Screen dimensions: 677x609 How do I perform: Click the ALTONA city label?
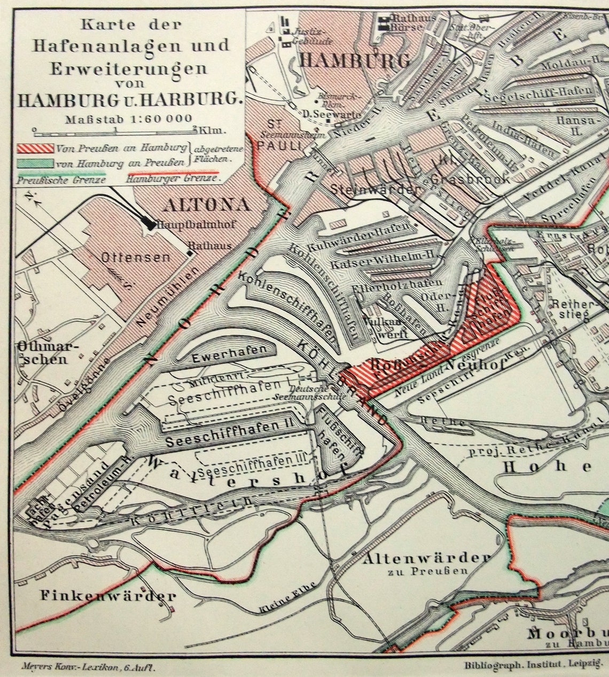pos(207,205)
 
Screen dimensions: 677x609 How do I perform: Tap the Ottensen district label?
pos(136,258)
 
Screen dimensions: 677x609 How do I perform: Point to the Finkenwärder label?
pos(107,596)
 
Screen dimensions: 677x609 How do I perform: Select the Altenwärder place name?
pos(426,558)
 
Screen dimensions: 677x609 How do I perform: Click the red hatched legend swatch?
pos(35,147)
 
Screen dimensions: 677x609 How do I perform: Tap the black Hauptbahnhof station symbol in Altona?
pos(151,225)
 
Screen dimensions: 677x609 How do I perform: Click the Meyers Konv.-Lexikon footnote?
pos(89,666)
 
